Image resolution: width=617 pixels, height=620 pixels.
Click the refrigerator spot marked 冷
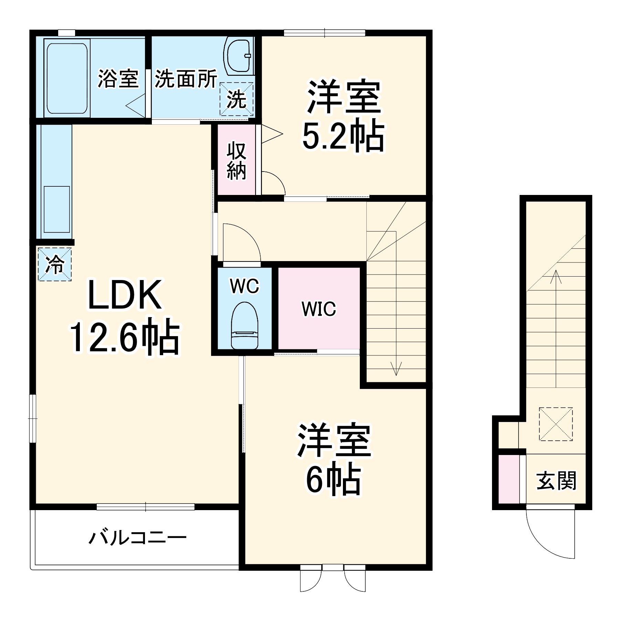click(x=55, y=264)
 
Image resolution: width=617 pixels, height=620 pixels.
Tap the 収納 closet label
click(x=236, y=161)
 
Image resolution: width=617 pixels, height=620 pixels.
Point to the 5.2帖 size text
click(x=343, y=135)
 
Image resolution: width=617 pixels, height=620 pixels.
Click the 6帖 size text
click(x=333, y=480)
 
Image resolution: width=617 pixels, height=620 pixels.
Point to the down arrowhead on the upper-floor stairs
click(x=396, y=371)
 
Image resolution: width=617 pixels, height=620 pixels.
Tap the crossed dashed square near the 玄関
click(x=555, y=424)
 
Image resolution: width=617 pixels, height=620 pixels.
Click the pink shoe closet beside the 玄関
click(x=509, y=479)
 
